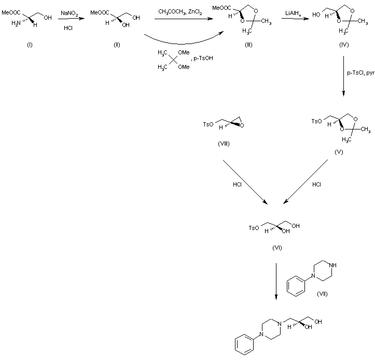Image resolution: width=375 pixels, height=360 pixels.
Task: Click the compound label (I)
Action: click(30, 45)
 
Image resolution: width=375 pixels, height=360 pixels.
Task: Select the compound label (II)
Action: click(117, 45)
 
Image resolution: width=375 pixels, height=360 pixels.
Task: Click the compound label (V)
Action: click(338, 153)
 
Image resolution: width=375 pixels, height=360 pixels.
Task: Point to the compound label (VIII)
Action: click(224, 143)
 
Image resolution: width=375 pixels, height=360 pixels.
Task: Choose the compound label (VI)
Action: click(276, 248)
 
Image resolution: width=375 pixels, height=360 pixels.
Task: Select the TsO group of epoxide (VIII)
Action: click(205, 123)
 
